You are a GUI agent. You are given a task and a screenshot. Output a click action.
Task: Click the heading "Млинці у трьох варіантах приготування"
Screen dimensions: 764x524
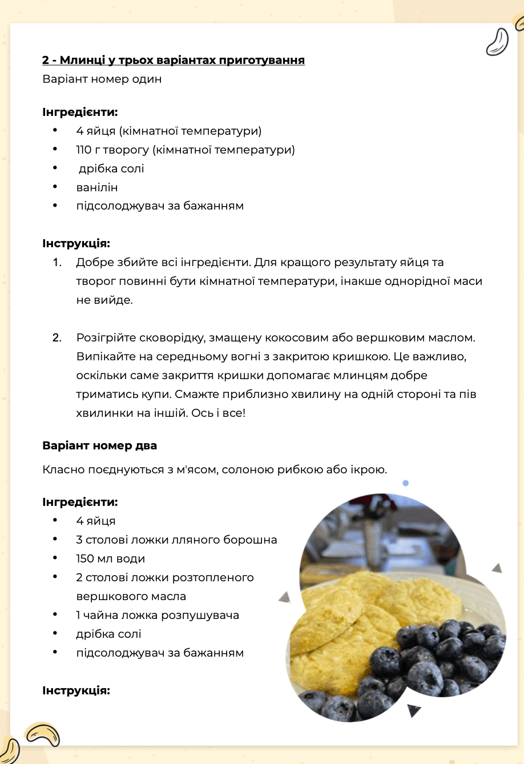coord(182,61)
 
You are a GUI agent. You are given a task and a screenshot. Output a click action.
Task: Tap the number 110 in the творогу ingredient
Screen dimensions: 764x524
coord(83,150)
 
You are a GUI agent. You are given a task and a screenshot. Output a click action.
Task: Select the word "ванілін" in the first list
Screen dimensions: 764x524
coord(97,188)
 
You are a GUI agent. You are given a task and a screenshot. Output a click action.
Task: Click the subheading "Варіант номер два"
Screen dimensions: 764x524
coord(99,446)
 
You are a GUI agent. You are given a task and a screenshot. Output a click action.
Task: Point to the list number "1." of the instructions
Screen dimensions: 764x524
coord(57,263)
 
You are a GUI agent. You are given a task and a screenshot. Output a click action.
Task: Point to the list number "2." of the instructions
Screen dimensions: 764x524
coord(57,338)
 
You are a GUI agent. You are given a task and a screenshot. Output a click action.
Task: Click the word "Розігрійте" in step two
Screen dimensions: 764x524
coord(106,338)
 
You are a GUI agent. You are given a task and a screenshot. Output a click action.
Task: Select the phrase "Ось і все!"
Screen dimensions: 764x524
coord(218,413)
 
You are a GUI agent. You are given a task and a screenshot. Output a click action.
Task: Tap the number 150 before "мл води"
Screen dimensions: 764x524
coord(85,559)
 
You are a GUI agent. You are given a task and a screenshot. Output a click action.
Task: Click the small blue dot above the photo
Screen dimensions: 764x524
coord(405,483)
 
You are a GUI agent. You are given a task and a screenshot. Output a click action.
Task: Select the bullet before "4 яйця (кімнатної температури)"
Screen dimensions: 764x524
coord(55,131)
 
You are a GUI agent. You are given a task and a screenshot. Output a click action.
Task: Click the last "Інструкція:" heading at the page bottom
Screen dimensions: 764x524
coord(76,691)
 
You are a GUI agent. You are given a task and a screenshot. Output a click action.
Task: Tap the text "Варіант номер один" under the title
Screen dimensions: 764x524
coord(102,79)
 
